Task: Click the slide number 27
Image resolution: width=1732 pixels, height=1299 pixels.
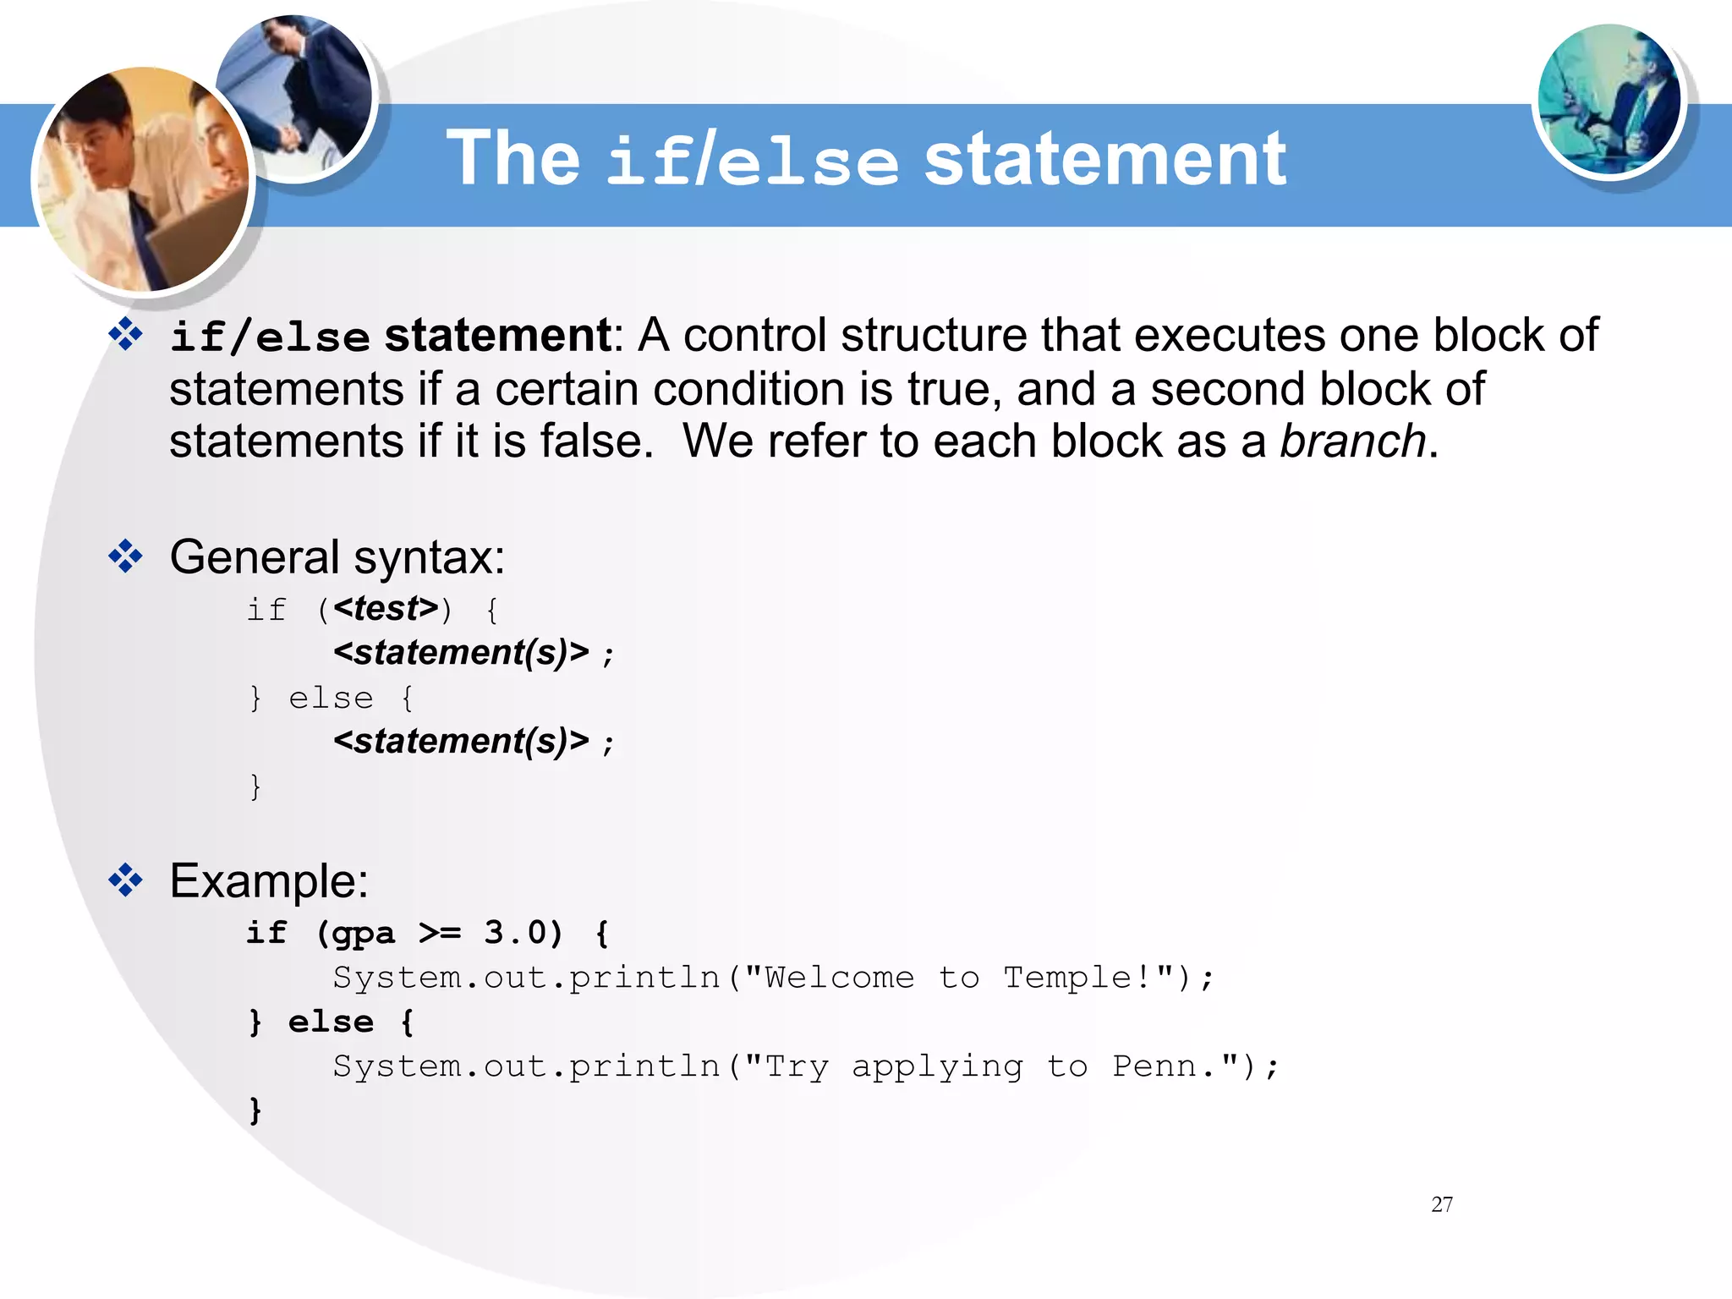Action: coord(1442,1204)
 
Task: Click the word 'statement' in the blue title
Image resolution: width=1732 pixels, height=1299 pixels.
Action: coord(1104,159)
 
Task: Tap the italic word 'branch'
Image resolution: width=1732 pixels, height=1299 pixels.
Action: coord(1352,441)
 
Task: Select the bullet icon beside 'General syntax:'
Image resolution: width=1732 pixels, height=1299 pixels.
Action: coord(126,556)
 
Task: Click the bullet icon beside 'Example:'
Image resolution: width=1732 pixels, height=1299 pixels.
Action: coord(126,880)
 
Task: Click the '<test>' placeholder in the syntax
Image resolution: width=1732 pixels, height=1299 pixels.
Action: coord(386,608)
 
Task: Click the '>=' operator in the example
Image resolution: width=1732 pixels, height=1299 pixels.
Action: coord(441,934)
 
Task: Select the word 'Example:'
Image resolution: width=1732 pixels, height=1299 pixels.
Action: coord(269,881)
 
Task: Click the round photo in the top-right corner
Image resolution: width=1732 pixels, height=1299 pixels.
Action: coord(1609,100)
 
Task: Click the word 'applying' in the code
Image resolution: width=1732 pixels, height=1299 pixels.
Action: coord(937,1067)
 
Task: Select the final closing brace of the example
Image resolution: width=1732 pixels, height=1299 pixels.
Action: coord(255,1110)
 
